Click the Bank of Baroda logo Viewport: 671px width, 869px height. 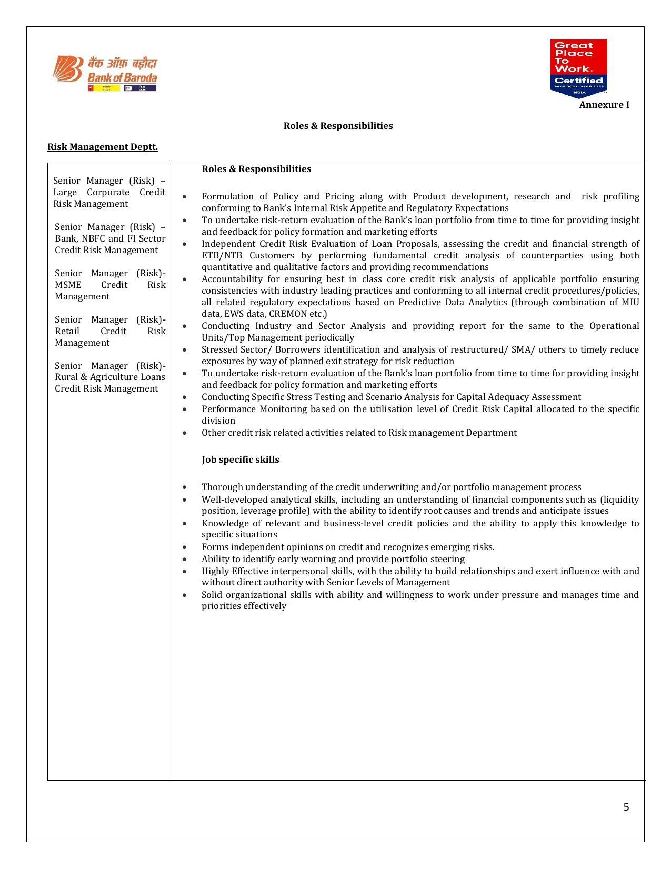105,73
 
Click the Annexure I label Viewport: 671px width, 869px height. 604,105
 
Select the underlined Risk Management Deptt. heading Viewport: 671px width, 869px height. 103,147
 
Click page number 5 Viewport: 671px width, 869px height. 626,807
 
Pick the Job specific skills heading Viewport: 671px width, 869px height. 240,460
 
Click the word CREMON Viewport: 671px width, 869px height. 289,314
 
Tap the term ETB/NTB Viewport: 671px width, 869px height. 217,255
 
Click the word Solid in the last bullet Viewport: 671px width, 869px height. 212,595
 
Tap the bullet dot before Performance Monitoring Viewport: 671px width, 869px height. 184,409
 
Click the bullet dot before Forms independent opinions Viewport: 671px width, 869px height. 184,547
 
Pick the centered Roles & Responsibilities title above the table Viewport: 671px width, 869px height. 338,126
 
